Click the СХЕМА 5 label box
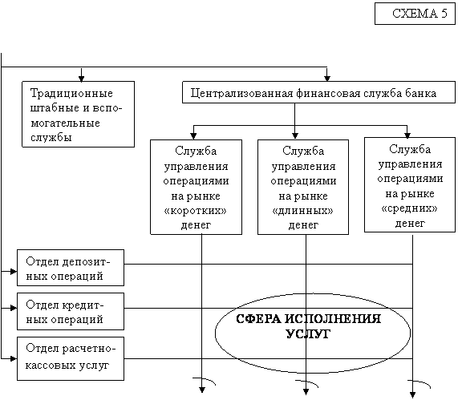point(415,14)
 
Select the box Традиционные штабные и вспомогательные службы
point(79,114)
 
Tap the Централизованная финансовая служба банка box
point(318,92)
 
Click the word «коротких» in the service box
point(196,211)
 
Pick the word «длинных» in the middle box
point(303,211)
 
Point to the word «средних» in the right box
point(410,208)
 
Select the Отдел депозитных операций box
point(71,268)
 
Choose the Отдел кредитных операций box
point(71,312)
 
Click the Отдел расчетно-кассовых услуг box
point(71,358)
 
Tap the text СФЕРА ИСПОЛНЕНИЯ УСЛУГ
point(309,326)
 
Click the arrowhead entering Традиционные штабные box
point(82,79)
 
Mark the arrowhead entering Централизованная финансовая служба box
point(327,79)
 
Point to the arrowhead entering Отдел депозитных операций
point(14,271)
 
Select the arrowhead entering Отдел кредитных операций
point(14,308)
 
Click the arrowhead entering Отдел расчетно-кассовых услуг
point(14,358)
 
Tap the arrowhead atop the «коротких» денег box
point(193,136)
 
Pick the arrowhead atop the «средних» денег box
point(407,135)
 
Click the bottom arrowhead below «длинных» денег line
point(306,391)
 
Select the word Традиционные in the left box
point(71,94)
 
